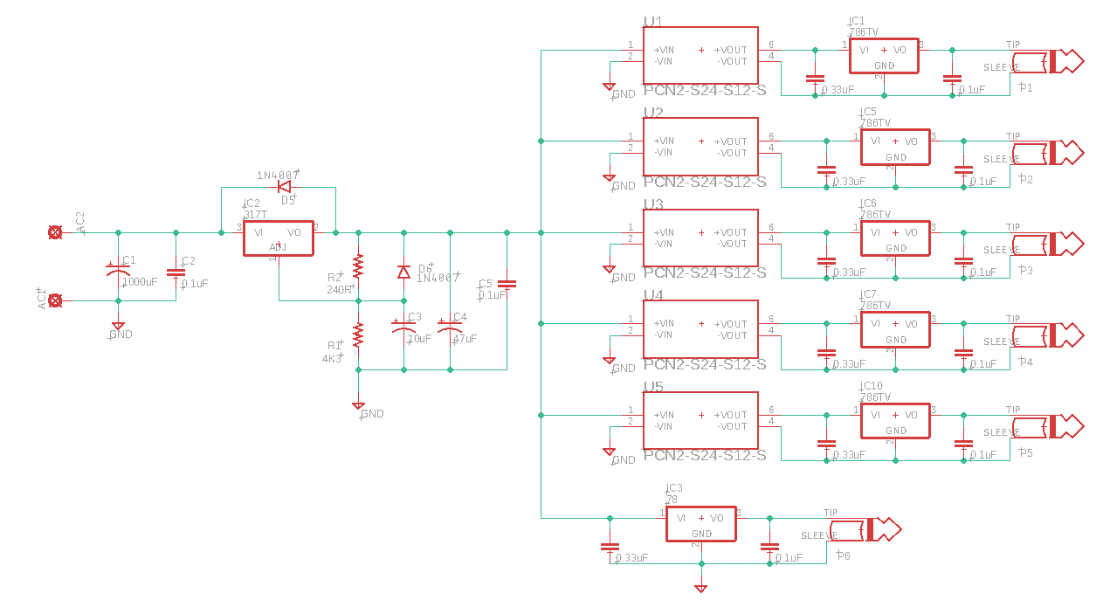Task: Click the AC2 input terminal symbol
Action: [55, 232]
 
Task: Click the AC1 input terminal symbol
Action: [55, 300]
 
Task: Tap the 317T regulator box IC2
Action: [278, 238]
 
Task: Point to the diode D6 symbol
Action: [403, 272]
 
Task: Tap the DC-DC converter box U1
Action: [700, 55]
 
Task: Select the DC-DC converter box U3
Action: [700, 238]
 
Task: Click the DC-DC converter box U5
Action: [700, 420]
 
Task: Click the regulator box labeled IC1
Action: [884, 56]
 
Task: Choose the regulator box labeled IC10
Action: [895, 420]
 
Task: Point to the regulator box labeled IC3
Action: [701, 523]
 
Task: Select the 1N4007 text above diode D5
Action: [278, 175]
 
